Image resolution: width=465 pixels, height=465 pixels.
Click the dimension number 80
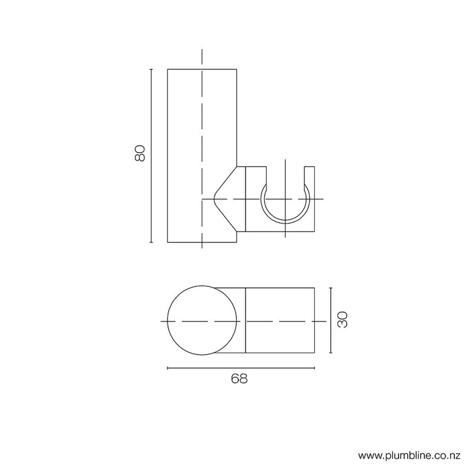pos(140,153)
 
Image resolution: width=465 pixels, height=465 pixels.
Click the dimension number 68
pos(239,378)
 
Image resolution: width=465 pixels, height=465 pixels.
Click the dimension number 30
pos(343,320)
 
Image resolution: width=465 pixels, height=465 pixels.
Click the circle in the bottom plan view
pos(202,320)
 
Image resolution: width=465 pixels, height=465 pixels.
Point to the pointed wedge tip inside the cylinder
pos(214,199)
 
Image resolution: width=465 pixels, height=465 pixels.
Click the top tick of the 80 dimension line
pos(151,69)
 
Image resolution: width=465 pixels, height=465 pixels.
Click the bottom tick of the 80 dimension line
pos(151,242)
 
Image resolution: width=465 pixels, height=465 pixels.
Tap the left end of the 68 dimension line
pos(168,368)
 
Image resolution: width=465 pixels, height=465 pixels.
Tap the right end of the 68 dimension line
pos(314,368)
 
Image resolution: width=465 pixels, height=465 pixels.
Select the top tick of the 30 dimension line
pos(330,288)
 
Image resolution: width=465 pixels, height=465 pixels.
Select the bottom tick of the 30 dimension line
pos(330,353)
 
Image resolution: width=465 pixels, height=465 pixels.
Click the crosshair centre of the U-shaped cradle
pos(285,199)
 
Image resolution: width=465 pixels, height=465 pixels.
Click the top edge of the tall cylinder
pos(202,69)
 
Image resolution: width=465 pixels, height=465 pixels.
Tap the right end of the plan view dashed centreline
pos(326,321)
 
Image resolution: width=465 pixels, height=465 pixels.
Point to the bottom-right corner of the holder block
pos(314,231)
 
